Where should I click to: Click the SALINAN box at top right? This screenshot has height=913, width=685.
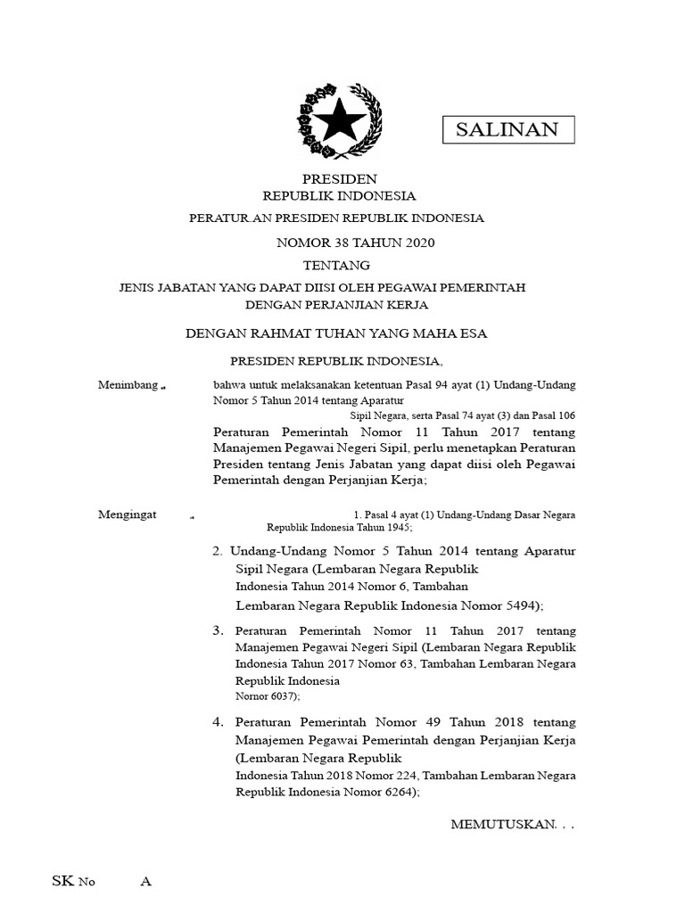[508, 129]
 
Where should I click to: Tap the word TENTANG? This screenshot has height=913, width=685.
[336, 265]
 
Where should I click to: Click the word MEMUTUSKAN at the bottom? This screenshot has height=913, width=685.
[504, 826]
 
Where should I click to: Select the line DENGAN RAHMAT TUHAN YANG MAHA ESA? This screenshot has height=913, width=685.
[336, 333]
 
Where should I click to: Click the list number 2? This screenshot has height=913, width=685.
[218, 552]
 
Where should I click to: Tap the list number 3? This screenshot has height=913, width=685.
[218, 630]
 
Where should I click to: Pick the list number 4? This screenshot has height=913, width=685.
[218, 721]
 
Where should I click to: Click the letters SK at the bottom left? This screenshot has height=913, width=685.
[62, 882]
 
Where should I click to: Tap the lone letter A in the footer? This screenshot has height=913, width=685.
[146, 882]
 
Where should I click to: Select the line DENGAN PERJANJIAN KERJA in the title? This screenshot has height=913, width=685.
[338, 304]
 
